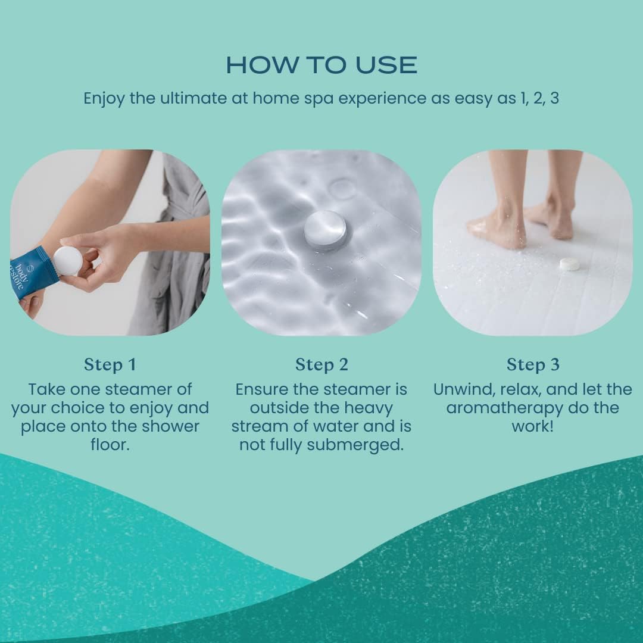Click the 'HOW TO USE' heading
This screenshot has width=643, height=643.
[321, 65]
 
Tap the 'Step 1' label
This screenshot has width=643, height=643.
[110, 364]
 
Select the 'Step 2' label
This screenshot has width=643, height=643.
[321, 364]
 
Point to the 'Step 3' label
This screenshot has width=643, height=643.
[533, 364]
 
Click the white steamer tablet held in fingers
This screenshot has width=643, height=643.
[67, 261]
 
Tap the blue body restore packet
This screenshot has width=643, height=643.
[33, 271]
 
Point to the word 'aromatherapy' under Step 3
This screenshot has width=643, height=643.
[503, 408]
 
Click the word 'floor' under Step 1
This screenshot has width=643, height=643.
[110, 445]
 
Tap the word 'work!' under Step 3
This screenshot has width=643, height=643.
[533, 427]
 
